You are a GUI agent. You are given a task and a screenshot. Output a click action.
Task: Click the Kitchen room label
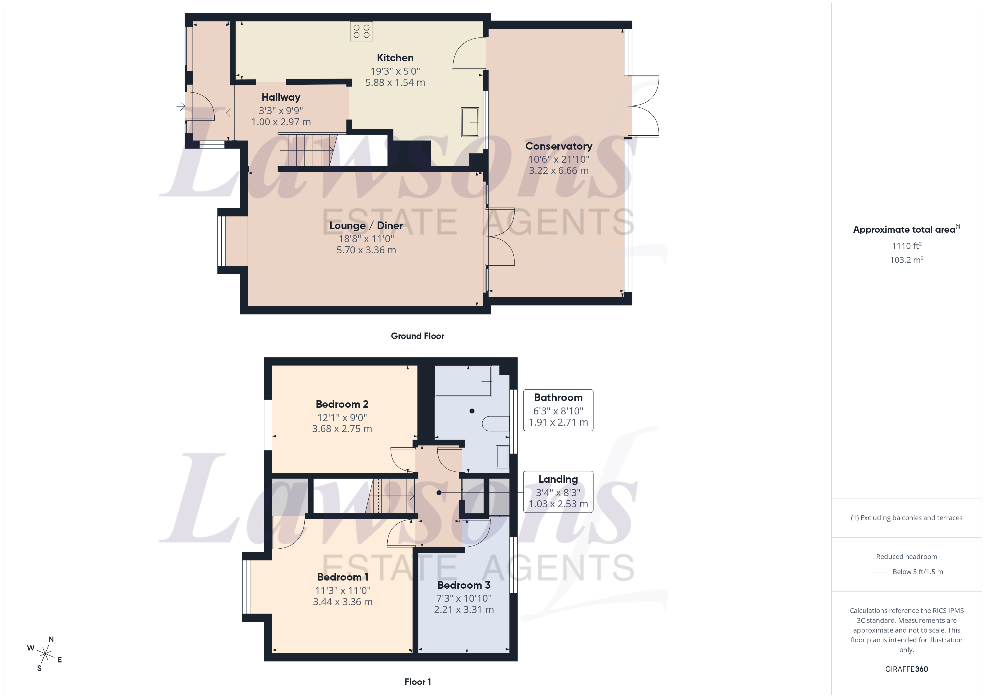(x=395, y=58)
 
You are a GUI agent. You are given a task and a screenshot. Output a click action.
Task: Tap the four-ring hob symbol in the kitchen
(x=361, y=31)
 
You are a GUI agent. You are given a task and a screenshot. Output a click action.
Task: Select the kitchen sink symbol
(x=470, y=122)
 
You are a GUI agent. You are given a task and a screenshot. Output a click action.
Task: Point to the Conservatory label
(x=558, y=146)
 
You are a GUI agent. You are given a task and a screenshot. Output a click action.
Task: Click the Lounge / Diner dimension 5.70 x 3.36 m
(x=366, y=250)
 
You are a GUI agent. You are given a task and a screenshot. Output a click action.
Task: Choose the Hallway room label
(x=281, y=97)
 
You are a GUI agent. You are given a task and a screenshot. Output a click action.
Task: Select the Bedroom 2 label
(x=342, y=404)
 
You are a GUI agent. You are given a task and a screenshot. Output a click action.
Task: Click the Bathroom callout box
(x=558, y=410)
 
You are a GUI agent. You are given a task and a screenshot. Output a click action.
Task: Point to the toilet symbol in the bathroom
(x=495, y=423)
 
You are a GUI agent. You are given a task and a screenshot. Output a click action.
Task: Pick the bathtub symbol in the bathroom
(x=463, y=381)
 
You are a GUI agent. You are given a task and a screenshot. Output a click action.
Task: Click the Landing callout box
(x=558, y=492)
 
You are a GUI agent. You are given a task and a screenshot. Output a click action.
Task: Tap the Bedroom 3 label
(x=464, y=585)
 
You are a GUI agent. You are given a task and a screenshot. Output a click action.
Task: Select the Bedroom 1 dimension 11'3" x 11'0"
(x=343, y=591)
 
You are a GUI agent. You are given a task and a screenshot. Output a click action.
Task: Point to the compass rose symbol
(x=45, y=654)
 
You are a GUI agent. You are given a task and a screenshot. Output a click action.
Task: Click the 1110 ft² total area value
(x=906, y=246)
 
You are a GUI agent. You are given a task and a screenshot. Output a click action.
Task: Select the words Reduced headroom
(x=906, y=556)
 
